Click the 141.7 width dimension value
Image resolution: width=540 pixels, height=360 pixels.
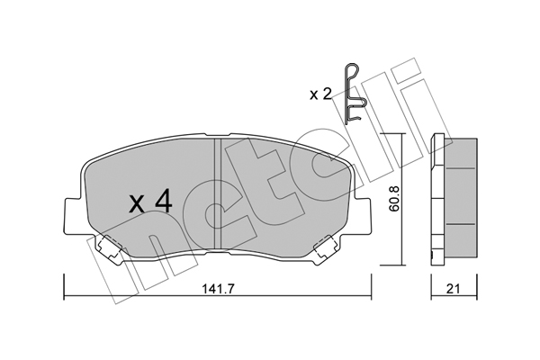218,289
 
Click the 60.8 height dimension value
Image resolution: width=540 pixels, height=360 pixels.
395,198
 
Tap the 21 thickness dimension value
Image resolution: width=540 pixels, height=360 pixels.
454,289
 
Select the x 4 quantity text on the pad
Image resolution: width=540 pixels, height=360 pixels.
150,202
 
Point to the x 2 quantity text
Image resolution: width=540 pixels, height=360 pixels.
320,94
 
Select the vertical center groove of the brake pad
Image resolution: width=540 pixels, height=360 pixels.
218,193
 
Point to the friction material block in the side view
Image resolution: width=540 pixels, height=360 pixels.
461,198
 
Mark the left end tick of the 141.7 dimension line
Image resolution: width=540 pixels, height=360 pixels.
64,286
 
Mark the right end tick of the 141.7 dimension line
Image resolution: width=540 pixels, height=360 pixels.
371,286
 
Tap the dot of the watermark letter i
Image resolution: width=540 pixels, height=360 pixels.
408,70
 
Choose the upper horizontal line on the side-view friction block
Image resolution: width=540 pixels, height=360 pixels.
461,168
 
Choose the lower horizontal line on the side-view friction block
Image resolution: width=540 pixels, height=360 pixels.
461,224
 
